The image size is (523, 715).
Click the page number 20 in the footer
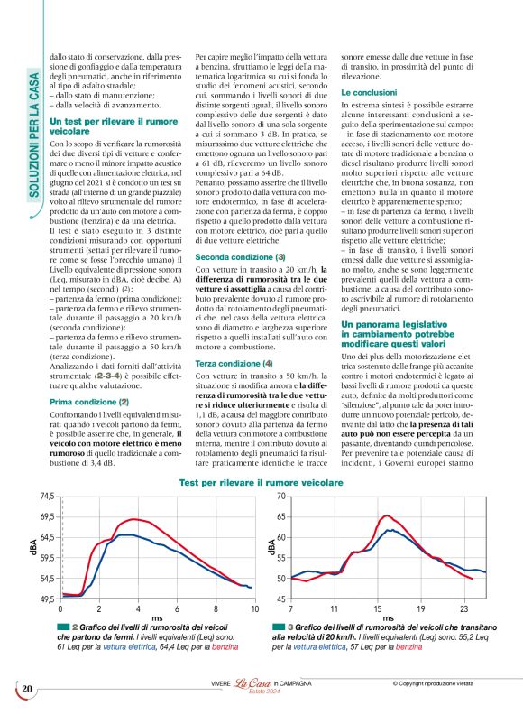point(26,691)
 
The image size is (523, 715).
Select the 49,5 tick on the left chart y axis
point(45,599)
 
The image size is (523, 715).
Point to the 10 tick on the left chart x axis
point(254,610)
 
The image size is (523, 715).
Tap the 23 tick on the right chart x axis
point(464,610)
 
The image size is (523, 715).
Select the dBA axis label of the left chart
point(32,546)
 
